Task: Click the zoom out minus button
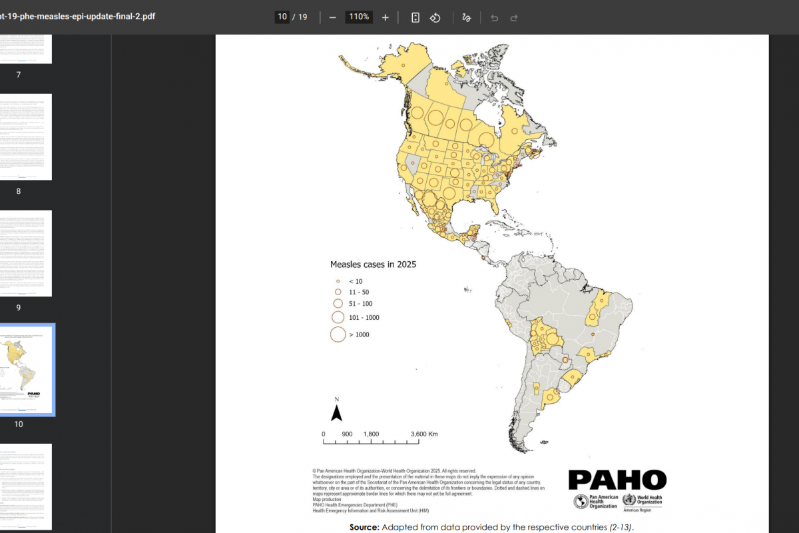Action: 332,17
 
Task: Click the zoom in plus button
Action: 385,17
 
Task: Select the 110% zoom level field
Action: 358,17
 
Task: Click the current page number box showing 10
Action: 282,17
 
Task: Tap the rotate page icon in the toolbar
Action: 435,17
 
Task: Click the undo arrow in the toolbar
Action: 494,17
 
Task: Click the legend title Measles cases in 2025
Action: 373,265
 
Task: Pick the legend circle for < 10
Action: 338,281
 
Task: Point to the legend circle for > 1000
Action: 338,334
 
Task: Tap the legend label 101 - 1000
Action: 364,318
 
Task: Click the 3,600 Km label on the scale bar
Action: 424,434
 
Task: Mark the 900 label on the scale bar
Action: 347,434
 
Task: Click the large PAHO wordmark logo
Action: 617,480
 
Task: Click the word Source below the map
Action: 364,527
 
